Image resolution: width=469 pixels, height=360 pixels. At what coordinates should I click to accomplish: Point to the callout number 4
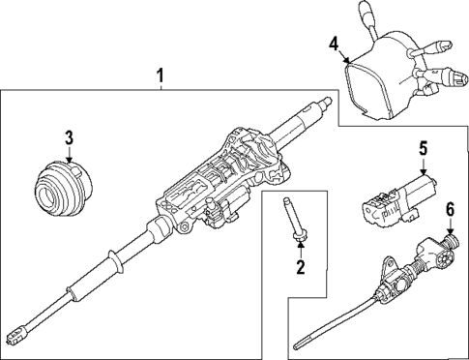coord(334,45)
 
